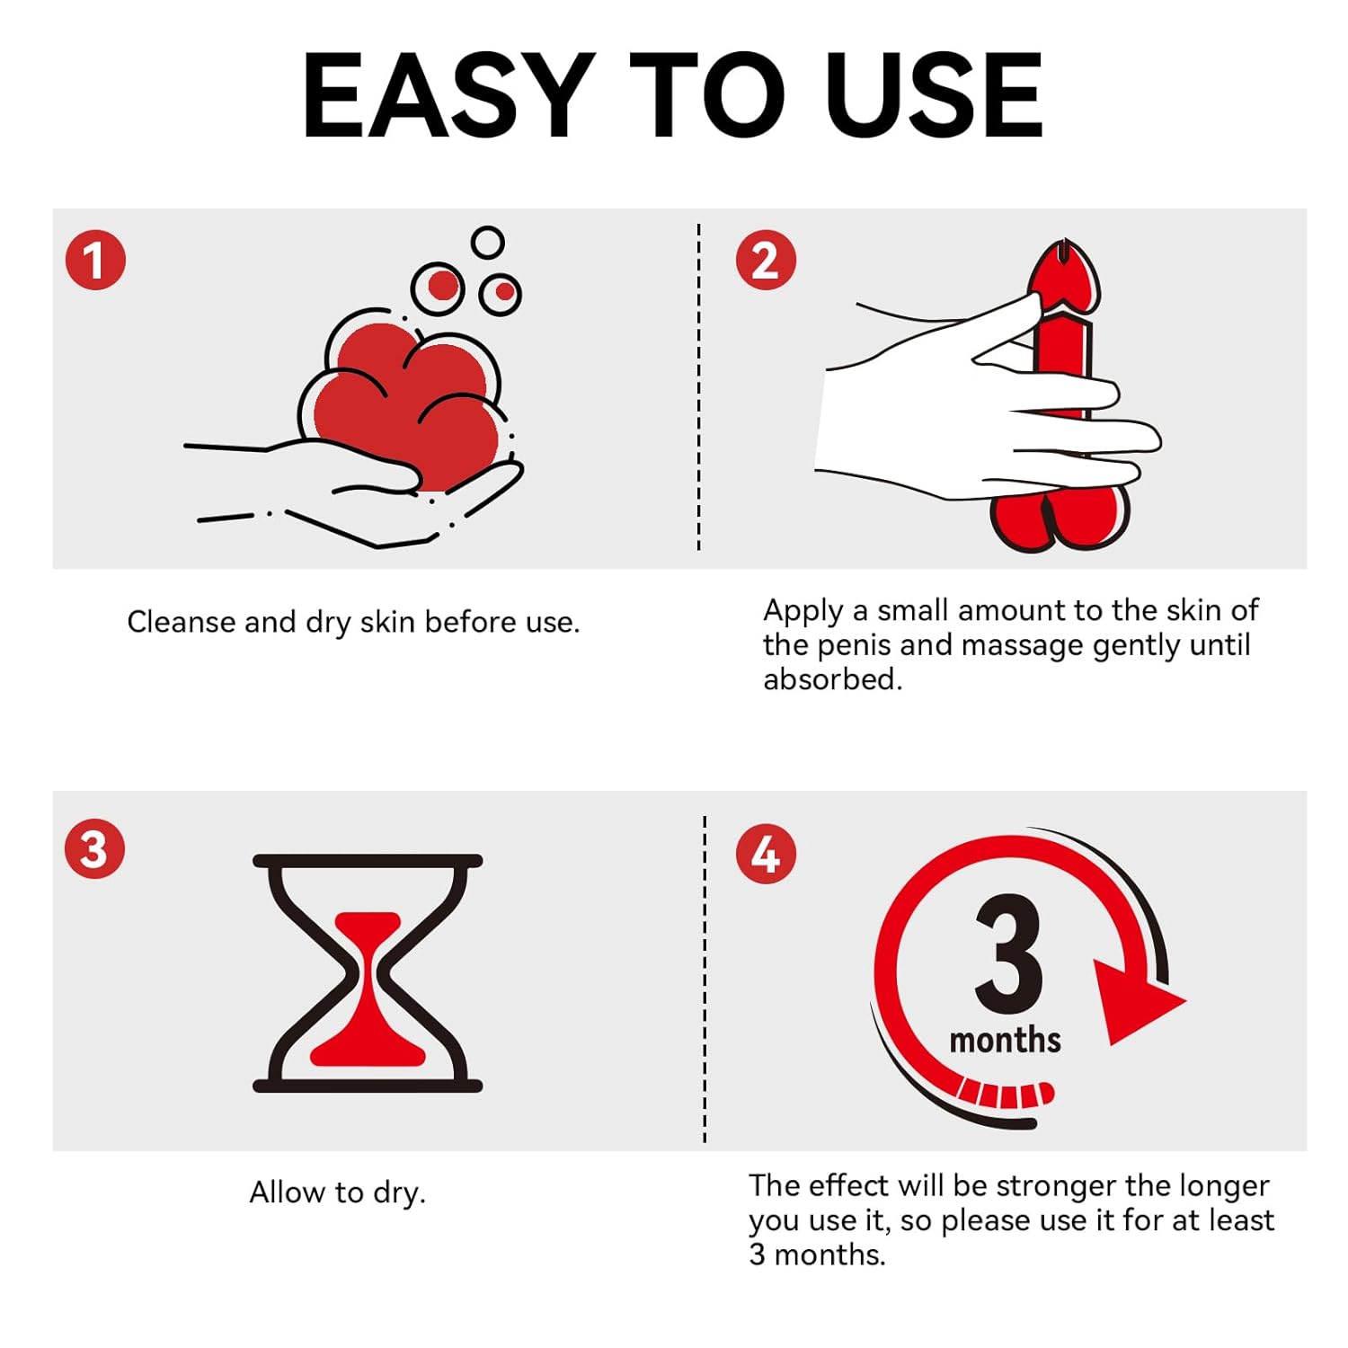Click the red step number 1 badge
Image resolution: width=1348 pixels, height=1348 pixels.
[95, 260]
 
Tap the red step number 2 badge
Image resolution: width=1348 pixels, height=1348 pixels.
[766, 260]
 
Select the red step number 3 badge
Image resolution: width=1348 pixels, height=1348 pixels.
[94, 848]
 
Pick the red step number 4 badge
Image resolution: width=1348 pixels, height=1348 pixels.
[766, 853]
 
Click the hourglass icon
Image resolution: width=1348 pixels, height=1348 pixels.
[368, 973]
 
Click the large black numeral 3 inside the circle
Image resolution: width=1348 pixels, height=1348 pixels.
[1008, 954]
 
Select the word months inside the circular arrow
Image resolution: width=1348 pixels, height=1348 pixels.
[1005, 1040]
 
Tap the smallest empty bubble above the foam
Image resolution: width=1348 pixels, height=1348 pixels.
[488, 243]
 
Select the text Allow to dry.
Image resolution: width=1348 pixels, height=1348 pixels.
[337, 1193]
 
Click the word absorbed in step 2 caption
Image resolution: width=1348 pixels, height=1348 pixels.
[832, 679]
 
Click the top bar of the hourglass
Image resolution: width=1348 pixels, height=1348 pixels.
[368, 861]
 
